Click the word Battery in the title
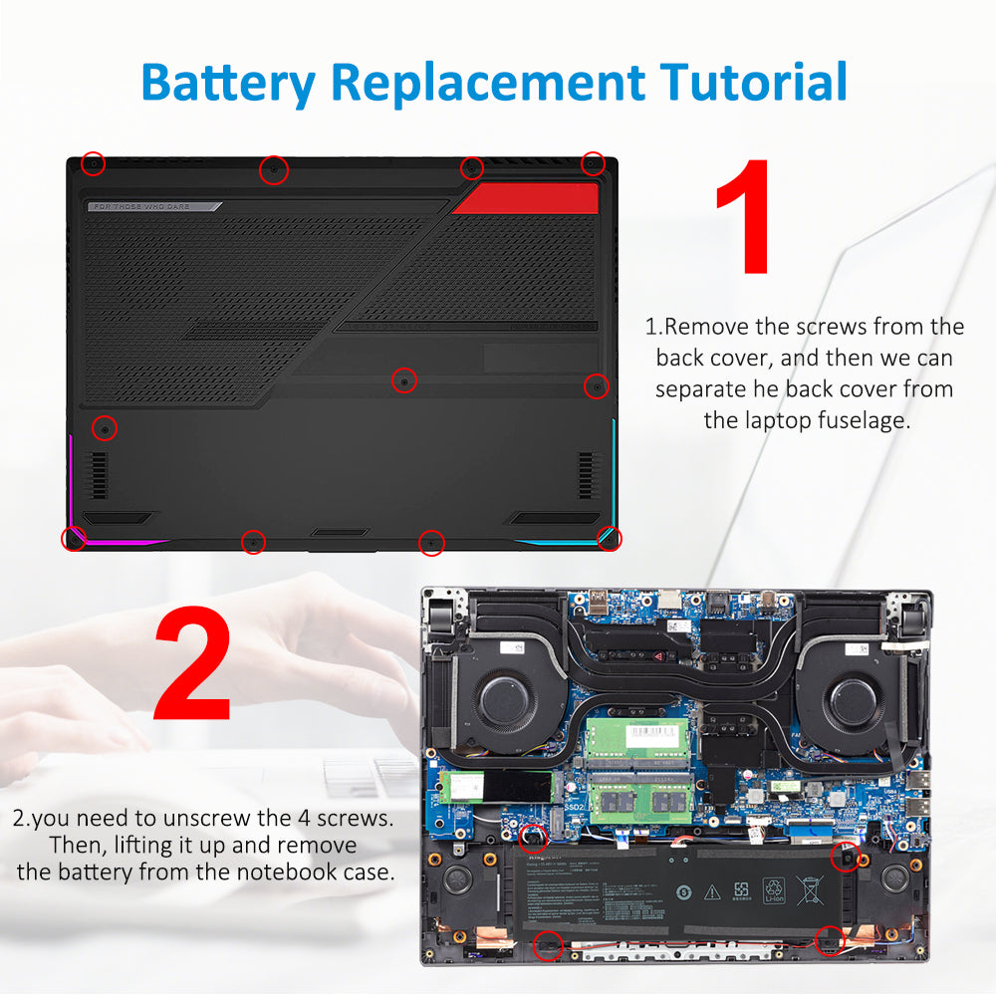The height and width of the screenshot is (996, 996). tap(228, 82)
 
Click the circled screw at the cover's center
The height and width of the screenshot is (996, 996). tap(404, 380)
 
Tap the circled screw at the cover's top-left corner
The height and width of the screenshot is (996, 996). tap(93, 163)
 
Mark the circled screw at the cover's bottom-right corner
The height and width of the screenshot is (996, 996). tap(609, 538)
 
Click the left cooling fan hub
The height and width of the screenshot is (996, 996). tap(504, 698)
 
